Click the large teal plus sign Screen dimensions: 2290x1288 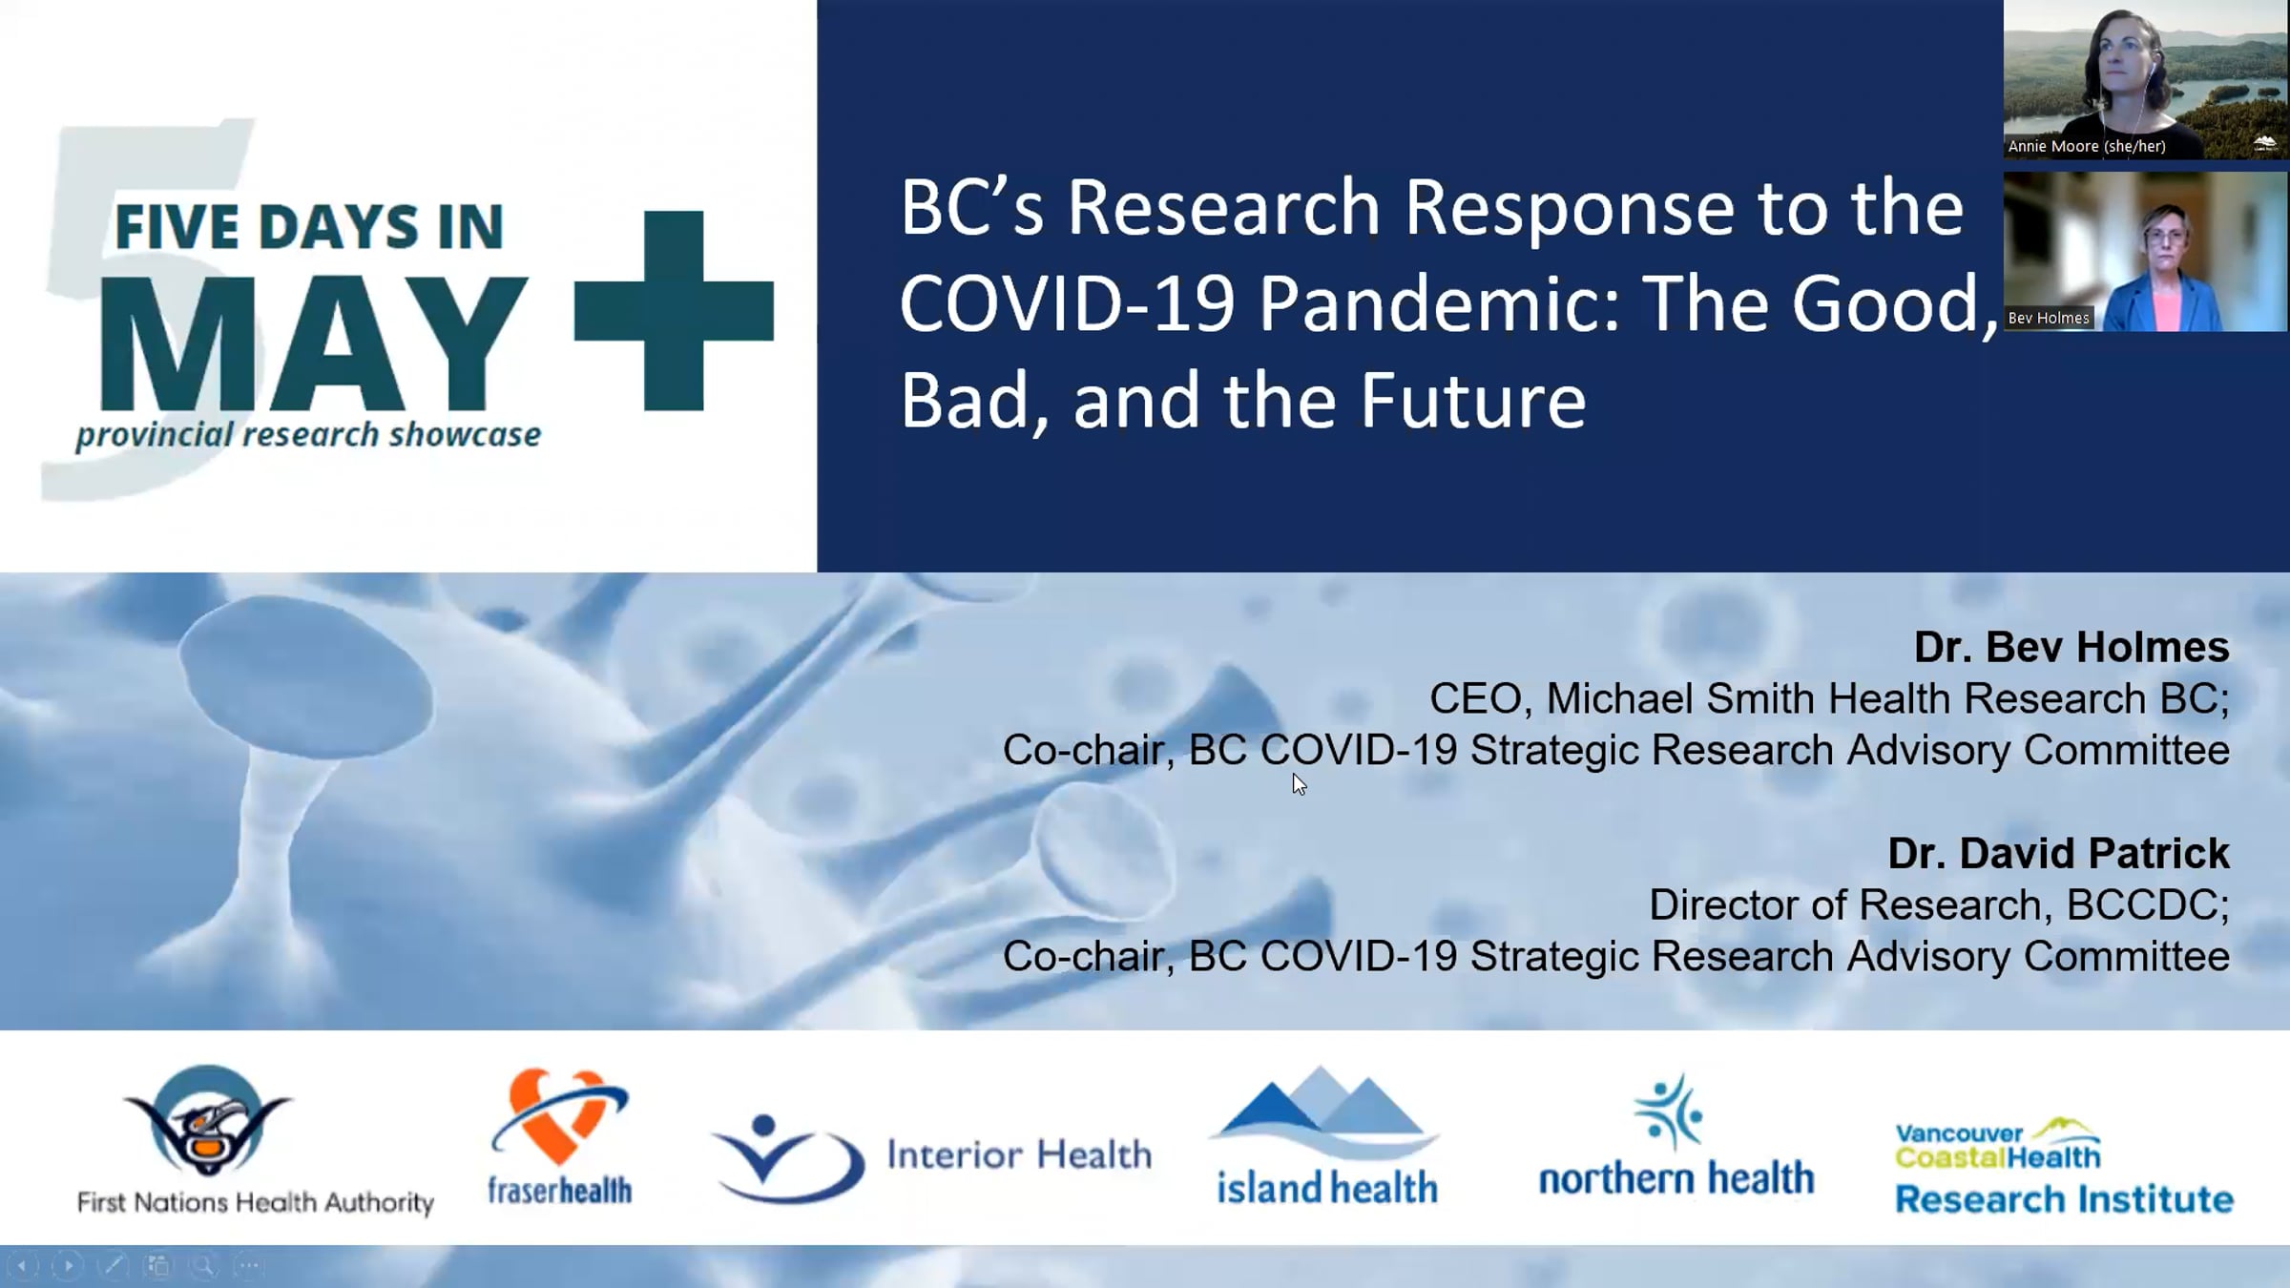click(674, 311)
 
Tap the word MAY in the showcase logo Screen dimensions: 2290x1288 click(314, 343)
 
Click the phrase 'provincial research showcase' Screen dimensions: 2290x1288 click(308, 435)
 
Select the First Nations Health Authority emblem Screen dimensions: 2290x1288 click(207, 1122)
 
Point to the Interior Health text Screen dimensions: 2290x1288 click(1019, 1154)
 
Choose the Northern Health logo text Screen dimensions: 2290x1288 click(1676, 1178)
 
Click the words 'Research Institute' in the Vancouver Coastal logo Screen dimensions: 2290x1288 click(2064, 1199)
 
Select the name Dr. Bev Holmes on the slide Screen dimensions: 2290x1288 click(2071, 647)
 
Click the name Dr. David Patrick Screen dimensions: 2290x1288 click(2058, 853)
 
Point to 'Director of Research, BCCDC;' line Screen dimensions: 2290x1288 click(1939, 904)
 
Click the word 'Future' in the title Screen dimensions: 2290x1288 click(1473, 401)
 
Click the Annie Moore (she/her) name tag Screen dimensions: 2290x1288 click(2087, 146)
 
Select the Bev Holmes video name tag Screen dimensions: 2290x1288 click(2049, 318)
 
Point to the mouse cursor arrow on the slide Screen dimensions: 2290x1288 click(1299, 784)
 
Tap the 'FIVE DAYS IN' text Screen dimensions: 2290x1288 click(309, 227)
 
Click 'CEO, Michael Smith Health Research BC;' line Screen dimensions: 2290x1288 click(1829, 698)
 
